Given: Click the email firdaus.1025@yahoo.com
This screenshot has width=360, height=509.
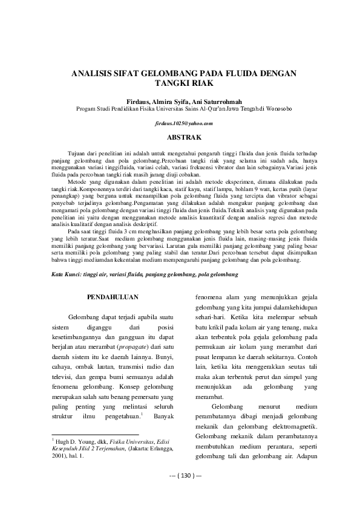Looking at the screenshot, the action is click(x=180, y=123).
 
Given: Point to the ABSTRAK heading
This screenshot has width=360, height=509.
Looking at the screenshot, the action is click(x=180, y=138).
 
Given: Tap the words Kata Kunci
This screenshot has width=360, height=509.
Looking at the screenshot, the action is click(x=65, y=274).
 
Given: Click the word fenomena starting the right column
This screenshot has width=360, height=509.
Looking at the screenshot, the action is click(x=209, y=297).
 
